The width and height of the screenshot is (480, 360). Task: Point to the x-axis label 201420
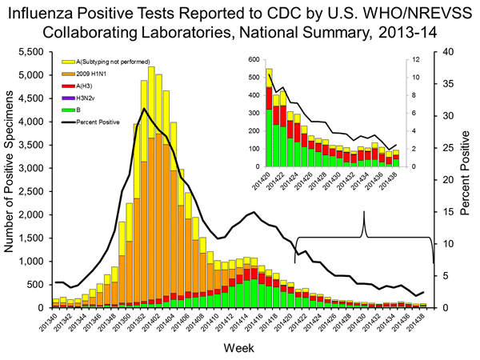[286, 322]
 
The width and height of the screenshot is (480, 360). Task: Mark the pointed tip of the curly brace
[365, 212]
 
